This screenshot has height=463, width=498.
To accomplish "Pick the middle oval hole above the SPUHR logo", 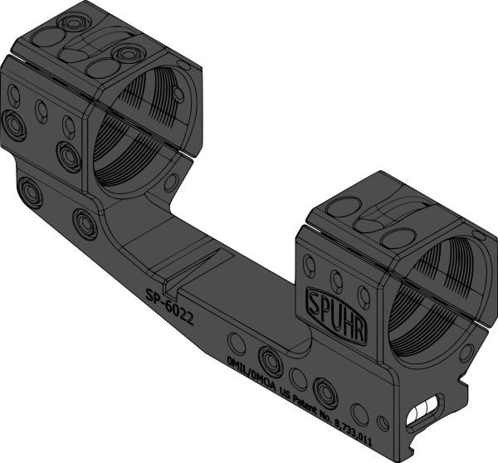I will [336, 277].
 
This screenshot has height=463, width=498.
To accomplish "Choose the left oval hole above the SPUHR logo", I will [310, 266].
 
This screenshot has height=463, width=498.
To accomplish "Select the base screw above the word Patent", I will [325, 389].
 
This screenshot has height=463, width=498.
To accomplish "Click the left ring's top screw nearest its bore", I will [126, 55].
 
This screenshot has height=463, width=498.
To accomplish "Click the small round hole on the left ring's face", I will [171, 182].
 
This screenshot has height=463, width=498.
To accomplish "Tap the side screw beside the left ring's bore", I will [67, 153].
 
